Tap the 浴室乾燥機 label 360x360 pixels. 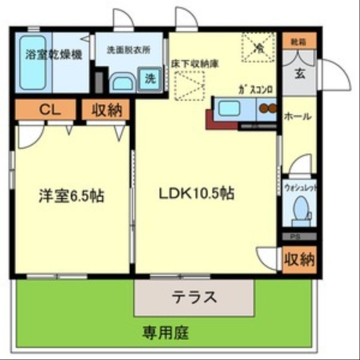[x=54, y=55]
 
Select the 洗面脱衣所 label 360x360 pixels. [x=128, y=50]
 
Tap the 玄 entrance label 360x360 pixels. [x=300, y=73]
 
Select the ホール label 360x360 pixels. [x=297, y=116]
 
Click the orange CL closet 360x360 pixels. [x=45, y=109]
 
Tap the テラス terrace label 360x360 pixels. [x=194, y=297]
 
